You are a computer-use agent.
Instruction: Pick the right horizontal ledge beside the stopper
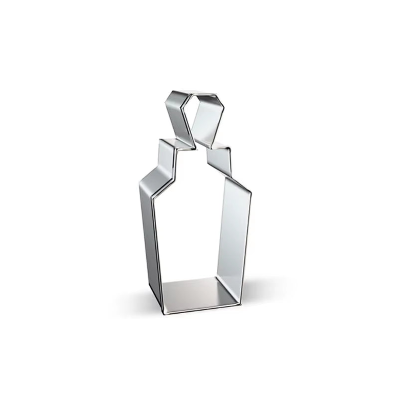(x=219, y=148)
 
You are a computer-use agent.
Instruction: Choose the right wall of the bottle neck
(x=219, y=162)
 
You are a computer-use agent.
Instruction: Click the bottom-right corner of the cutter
(x=240, y=302)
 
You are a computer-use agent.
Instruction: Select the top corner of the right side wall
(x=249, y=192)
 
